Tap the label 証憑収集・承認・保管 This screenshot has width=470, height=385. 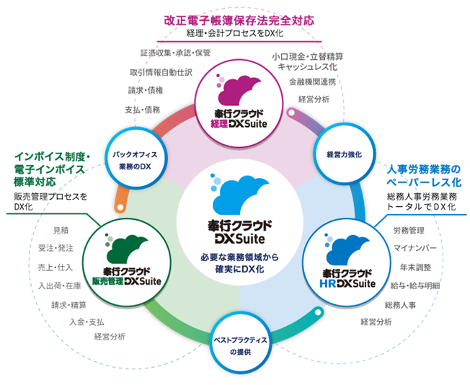click(175, 53)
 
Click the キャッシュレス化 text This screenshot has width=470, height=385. click(308, 66)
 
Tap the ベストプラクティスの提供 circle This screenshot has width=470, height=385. click(235, 345)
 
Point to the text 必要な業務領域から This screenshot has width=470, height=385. click(235, 257)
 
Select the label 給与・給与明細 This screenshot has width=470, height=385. click(415, 286)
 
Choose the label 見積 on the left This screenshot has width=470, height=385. click(61, 230)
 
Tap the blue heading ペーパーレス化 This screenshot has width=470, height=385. click(422, 181)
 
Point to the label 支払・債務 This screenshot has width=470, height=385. click(143, 109)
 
